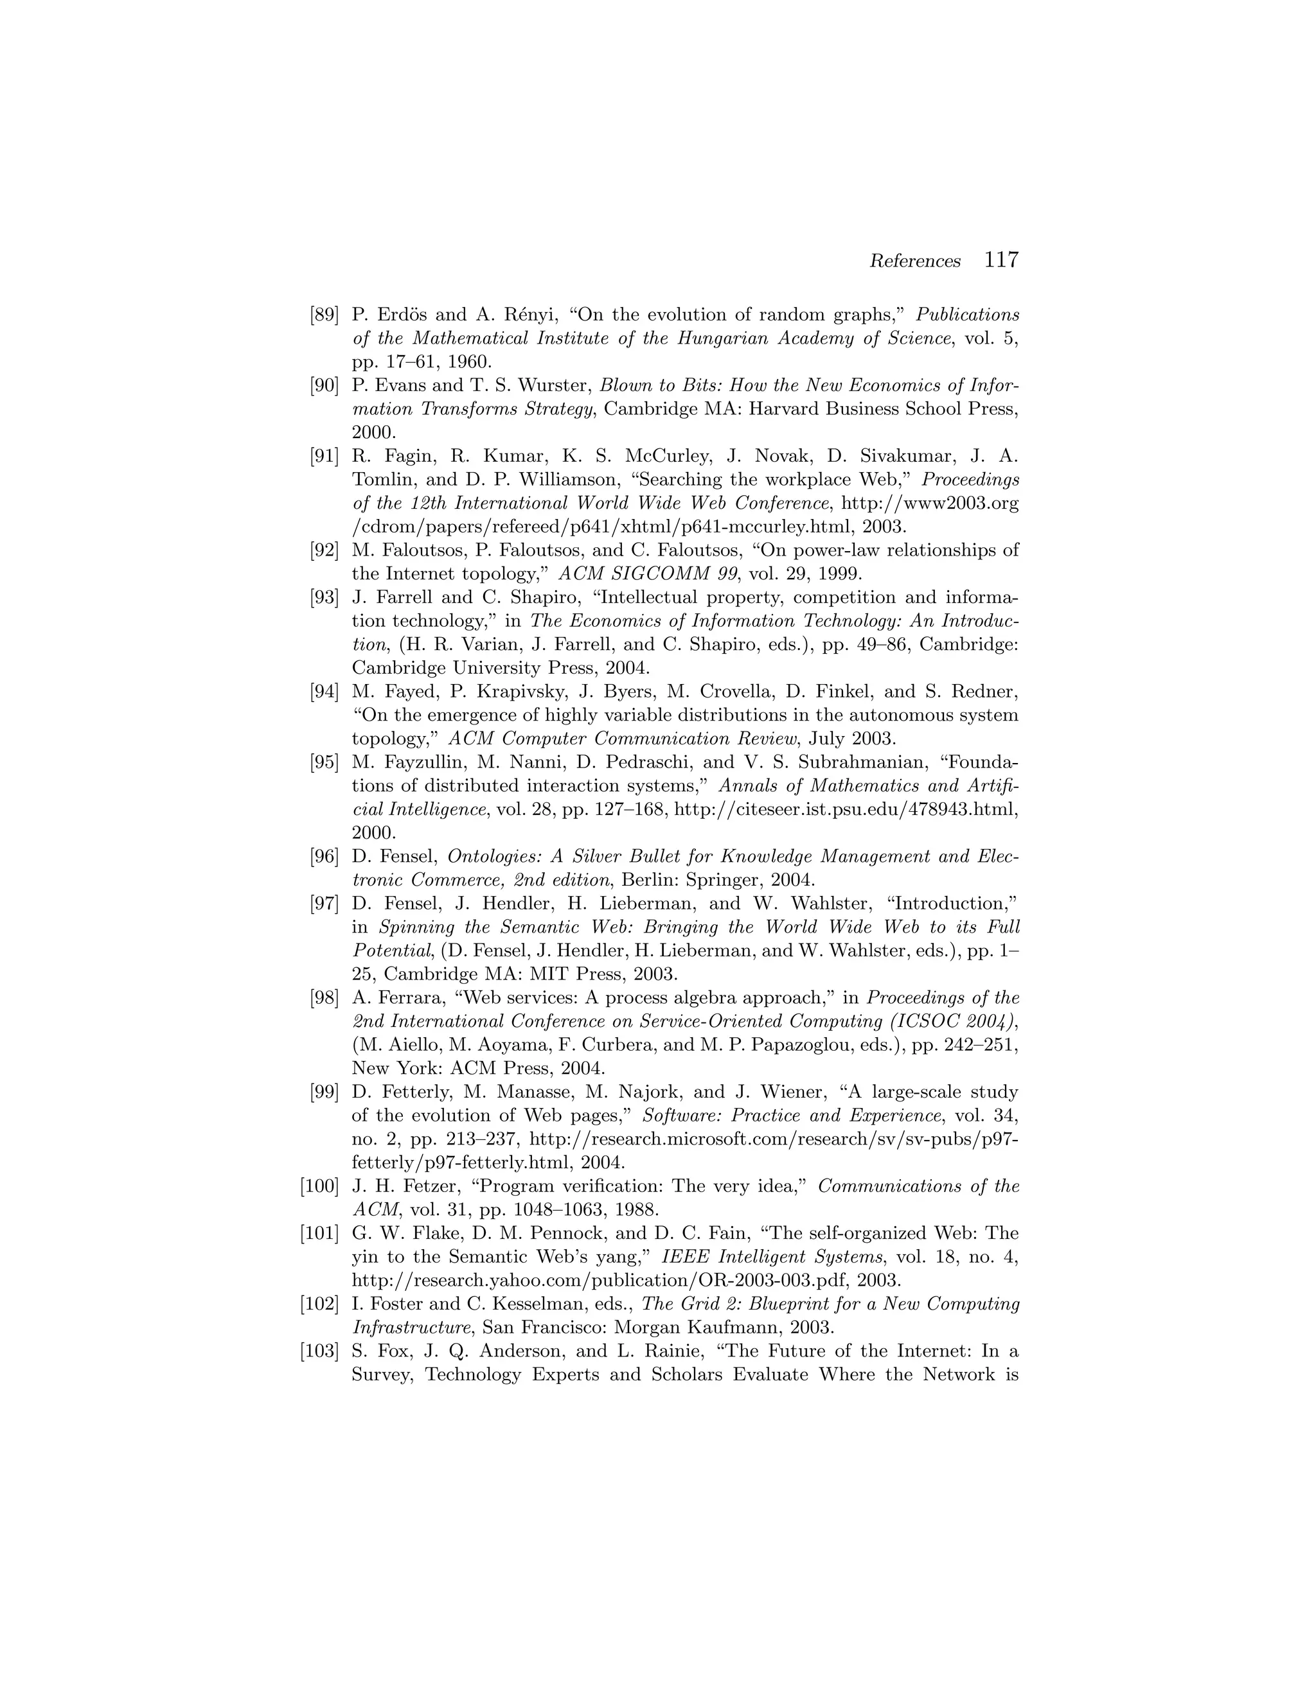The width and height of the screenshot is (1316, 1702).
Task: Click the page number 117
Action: point(1001,260)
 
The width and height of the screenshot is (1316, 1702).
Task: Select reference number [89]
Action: point(325,315)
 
